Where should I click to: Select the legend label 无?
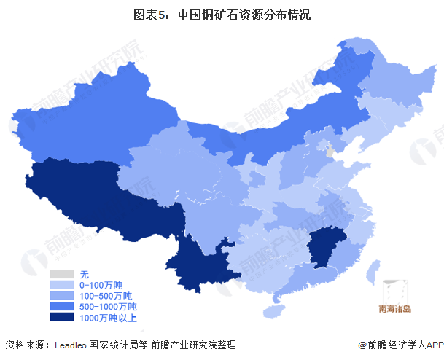[84, 274]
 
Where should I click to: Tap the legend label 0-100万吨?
[101, 285]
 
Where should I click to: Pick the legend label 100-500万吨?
[106, 296]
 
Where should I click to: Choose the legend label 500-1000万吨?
[108, 307]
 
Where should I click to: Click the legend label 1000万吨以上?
[108, 318]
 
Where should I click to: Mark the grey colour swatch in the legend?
[62, 274]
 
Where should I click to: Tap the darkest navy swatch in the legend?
[62, 318]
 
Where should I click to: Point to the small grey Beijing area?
[330, 152]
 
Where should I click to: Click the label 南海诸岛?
[395, 309]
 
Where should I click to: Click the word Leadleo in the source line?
[71, 345]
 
